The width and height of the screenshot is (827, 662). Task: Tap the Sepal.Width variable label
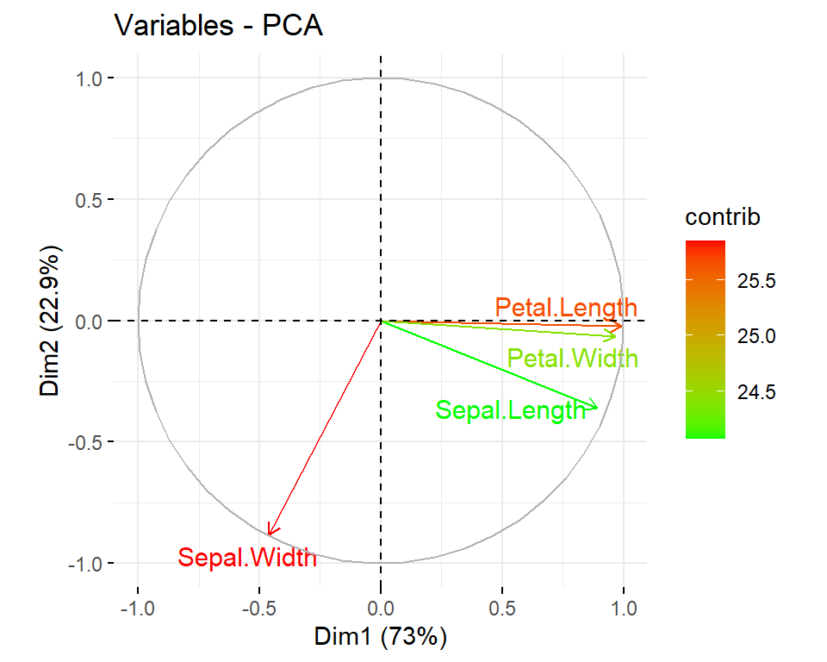click(247, 558)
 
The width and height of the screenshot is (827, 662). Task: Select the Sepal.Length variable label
click(510, 410)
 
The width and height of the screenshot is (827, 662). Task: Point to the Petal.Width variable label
click(573, 358)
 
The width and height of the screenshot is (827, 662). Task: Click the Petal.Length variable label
click(566, 308)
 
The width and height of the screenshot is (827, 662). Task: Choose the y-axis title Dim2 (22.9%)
click(51, 321)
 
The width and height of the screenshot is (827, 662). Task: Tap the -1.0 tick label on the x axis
click(137, 607)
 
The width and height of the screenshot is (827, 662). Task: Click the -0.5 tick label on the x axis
click(258, 607)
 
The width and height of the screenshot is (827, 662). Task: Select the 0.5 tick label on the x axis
click(502, 607)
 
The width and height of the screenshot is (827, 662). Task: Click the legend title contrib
click(723, 217)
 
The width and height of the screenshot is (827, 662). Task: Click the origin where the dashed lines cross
click(381, 321)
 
